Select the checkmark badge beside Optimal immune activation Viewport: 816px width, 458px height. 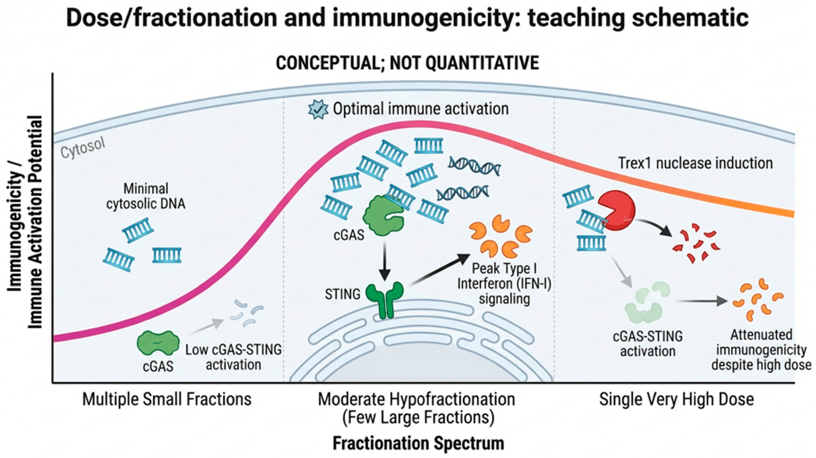pyautogui.click(x=318, y=109)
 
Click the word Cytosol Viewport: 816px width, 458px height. pyautogui.click(x=83, y=148)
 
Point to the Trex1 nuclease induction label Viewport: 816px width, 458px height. pyautogui.click(x=695, y=163)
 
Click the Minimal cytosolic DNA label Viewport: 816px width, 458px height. pyautogui.click(x=146, y=196)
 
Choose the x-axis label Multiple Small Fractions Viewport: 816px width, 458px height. pyautogui.click(x=167, y=399)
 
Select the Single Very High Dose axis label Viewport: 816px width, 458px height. pyautogui.click(x=676, y=399)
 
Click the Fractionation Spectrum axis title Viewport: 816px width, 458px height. pyautogui.click(x=418, y=443)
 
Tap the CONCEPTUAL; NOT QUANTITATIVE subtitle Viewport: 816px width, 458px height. pyautogui.click(x=407, y=63)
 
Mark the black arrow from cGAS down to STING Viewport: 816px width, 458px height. pyautogui.click(x=385, y=262)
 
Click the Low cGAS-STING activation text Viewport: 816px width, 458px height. pyautogui.click(x=233, y=357)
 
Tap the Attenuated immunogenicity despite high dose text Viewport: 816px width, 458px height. pyautogui.click(x=762, y=350)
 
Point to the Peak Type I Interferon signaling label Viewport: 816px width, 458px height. pyautogui.click(x=504, y=284)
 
